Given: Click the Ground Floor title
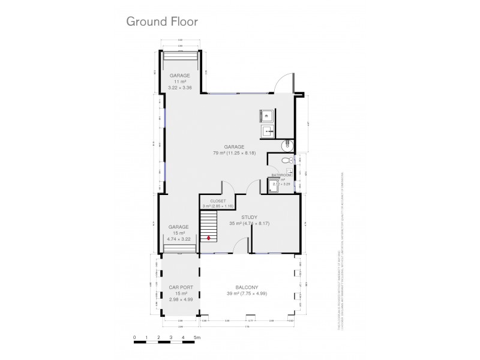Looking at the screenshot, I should pos(161,21).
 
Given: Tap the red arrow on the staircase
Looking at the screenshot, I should pos(209,238).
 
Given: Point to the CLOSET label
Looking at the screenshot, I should pos(218,201).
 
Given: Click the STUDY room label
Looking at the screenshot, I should pos(249,217).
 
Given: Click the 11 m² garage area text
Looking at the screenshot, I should pos(179,82).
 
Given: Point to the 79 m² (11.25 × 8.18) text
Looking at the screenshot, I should pos(234,153).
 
